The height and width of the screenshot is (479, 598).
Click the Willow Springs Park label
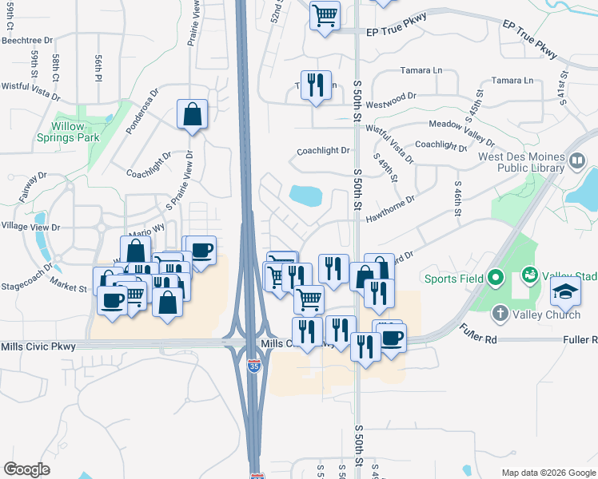pyautogui.click(x=74, y=132)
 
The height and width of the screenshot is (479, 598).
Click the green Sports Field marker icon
pyautogui.click(x=496, y=279)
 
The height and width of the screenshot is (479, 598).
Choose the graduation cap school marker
pyautogui.click(x=565, y=293)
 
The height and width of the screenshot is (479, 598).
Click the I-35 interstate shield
pyautogui.click(x=254, y=366)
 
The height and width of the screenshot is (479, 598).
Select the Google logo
pyautogui.click(x=26, y=469)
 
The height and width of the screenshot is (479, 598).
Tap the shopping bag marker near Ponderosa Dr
pyautogui.click(x=193, y=115)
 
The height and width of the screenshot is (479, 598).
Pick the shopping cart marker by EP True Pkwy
pyautogui.click(x=325, y=15)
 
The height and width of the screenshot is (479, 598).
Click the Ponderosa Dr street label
pyautogui.click(x=143, y=111)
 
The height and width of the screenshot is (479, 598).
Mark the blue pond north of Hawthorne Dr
pyautogui.click(x=305, y=195)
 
